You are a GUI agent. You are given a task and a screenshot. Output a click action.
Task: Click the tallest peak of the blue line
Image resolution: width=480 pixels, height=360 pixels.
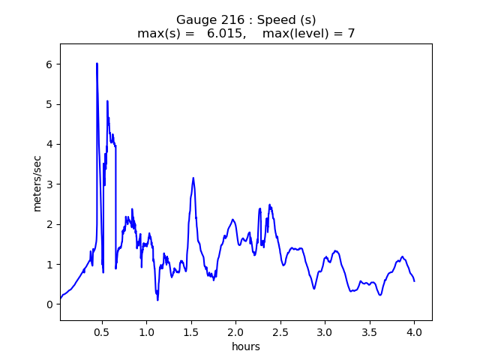click(97, 64)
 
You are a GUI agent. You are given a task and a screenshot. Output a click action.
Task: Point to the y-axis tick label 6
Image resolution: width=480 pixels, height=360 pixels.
click(49, 64)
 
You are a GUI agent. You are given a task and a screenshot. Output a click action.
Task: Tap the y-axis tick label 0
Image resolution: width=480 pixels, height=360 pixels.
click(49, 304)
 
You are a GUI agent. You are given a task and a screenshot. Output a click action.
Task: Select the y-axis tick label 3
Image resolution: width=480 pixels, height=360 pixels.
click(49, 184)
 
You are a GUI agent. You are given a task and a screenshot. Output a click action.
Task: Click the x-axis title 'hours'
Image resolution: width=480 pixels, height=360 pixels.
click(246, 346)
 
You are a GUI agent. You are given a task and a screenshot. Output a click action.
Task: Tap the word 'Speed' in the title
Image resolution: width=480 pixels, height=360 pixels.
click(274, 20)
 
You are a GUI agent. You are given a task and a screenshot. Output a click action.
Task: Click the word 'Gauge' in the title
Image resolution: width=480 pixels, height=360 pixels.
click(193, 20)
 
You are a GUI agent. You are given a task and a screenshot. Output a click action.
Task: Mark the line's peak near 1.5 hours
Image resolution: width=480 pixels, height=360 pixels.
click(193, 178)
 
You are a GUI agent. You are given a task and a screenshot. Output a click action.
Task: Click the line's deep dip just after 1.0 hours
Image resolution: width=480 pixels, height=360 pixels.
click(157, 299)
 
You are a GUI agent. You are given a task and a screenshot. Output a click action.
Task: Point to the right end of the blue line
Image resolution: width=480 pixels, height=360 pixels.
click(414, 280)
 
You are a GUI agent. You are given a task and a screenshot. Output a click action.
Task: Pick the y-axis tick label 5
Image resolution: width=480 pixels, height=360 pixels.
click(49, 104)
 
